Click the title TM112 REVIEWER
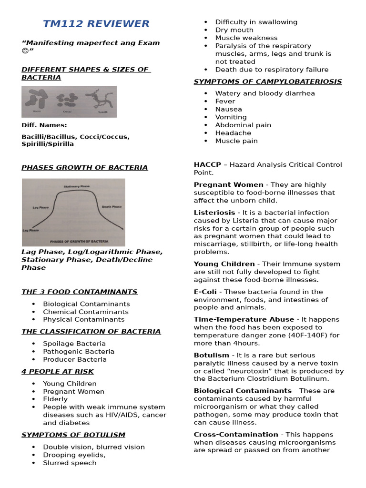pyautogui.click(x=96, y=24)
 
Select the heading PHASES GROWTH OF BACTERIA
pyautogui.click(x=84, y=167)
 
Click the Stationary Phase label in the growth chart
pyautogui.click(x=76, y=186)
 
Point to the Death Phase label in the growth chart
pyautogui.click(x=112, y=207)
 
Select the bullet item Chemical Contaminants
pyautogui.click(x=86, y=312)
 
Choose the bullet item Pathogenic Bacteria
pyautogui.click(x=79, y=351)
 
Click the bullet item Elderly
pyautogui.click(x=55, y=399)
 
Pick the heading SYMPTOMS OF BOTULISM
pyautogui.click(x=73, y=435)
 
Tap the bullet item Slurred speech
pyautogui.click(x=70, y=463)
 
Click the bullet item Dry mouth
pyautogui.click(x=234, y=30)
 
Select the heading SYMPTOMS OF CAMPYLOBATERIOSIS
pyautogui.click(x=267, y=81)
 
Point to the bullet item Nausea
pyautogui.click(x=228, y=109)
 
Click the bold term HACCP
pyautogui.click(x=207, y=164)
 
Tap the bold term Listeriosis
pyautogui.click(x=214, y=213)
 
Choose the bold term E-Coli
pyautogui.click(x=205, y=292)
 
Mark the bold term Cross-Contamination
pyautogui.click(x=236, y=434)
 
